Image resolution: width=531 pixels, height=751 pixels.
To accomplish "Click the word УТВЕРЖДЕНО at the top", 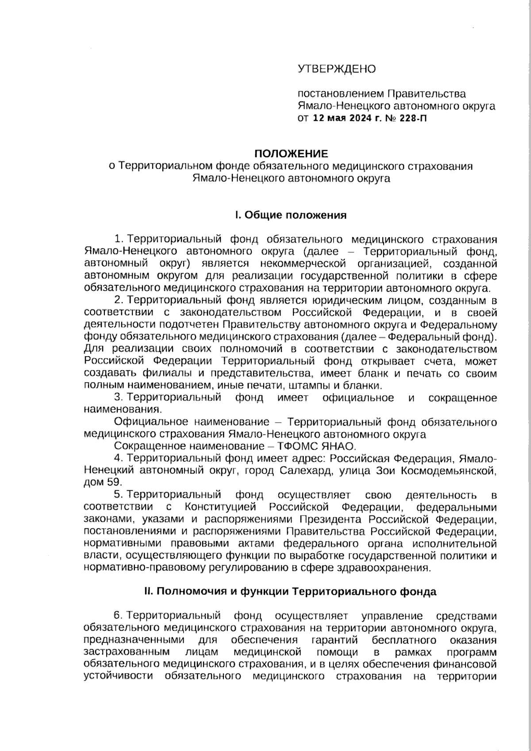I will pos(337,69).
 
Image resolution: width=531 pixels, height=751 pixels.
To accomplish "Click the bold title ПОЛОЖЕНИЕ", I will pos(291,154).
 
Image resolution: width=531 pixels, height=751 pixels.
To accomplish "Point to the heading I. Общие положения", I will pos(291,215).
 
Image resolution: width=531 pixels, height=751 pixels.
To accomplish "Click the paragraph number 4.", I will pos(117,458).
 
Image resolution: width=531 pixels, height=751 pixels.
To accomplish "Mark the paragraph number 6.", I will pos(117,616).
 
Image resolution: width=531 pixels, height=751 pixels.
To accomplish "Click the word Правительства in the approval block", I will pos(427,94).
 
